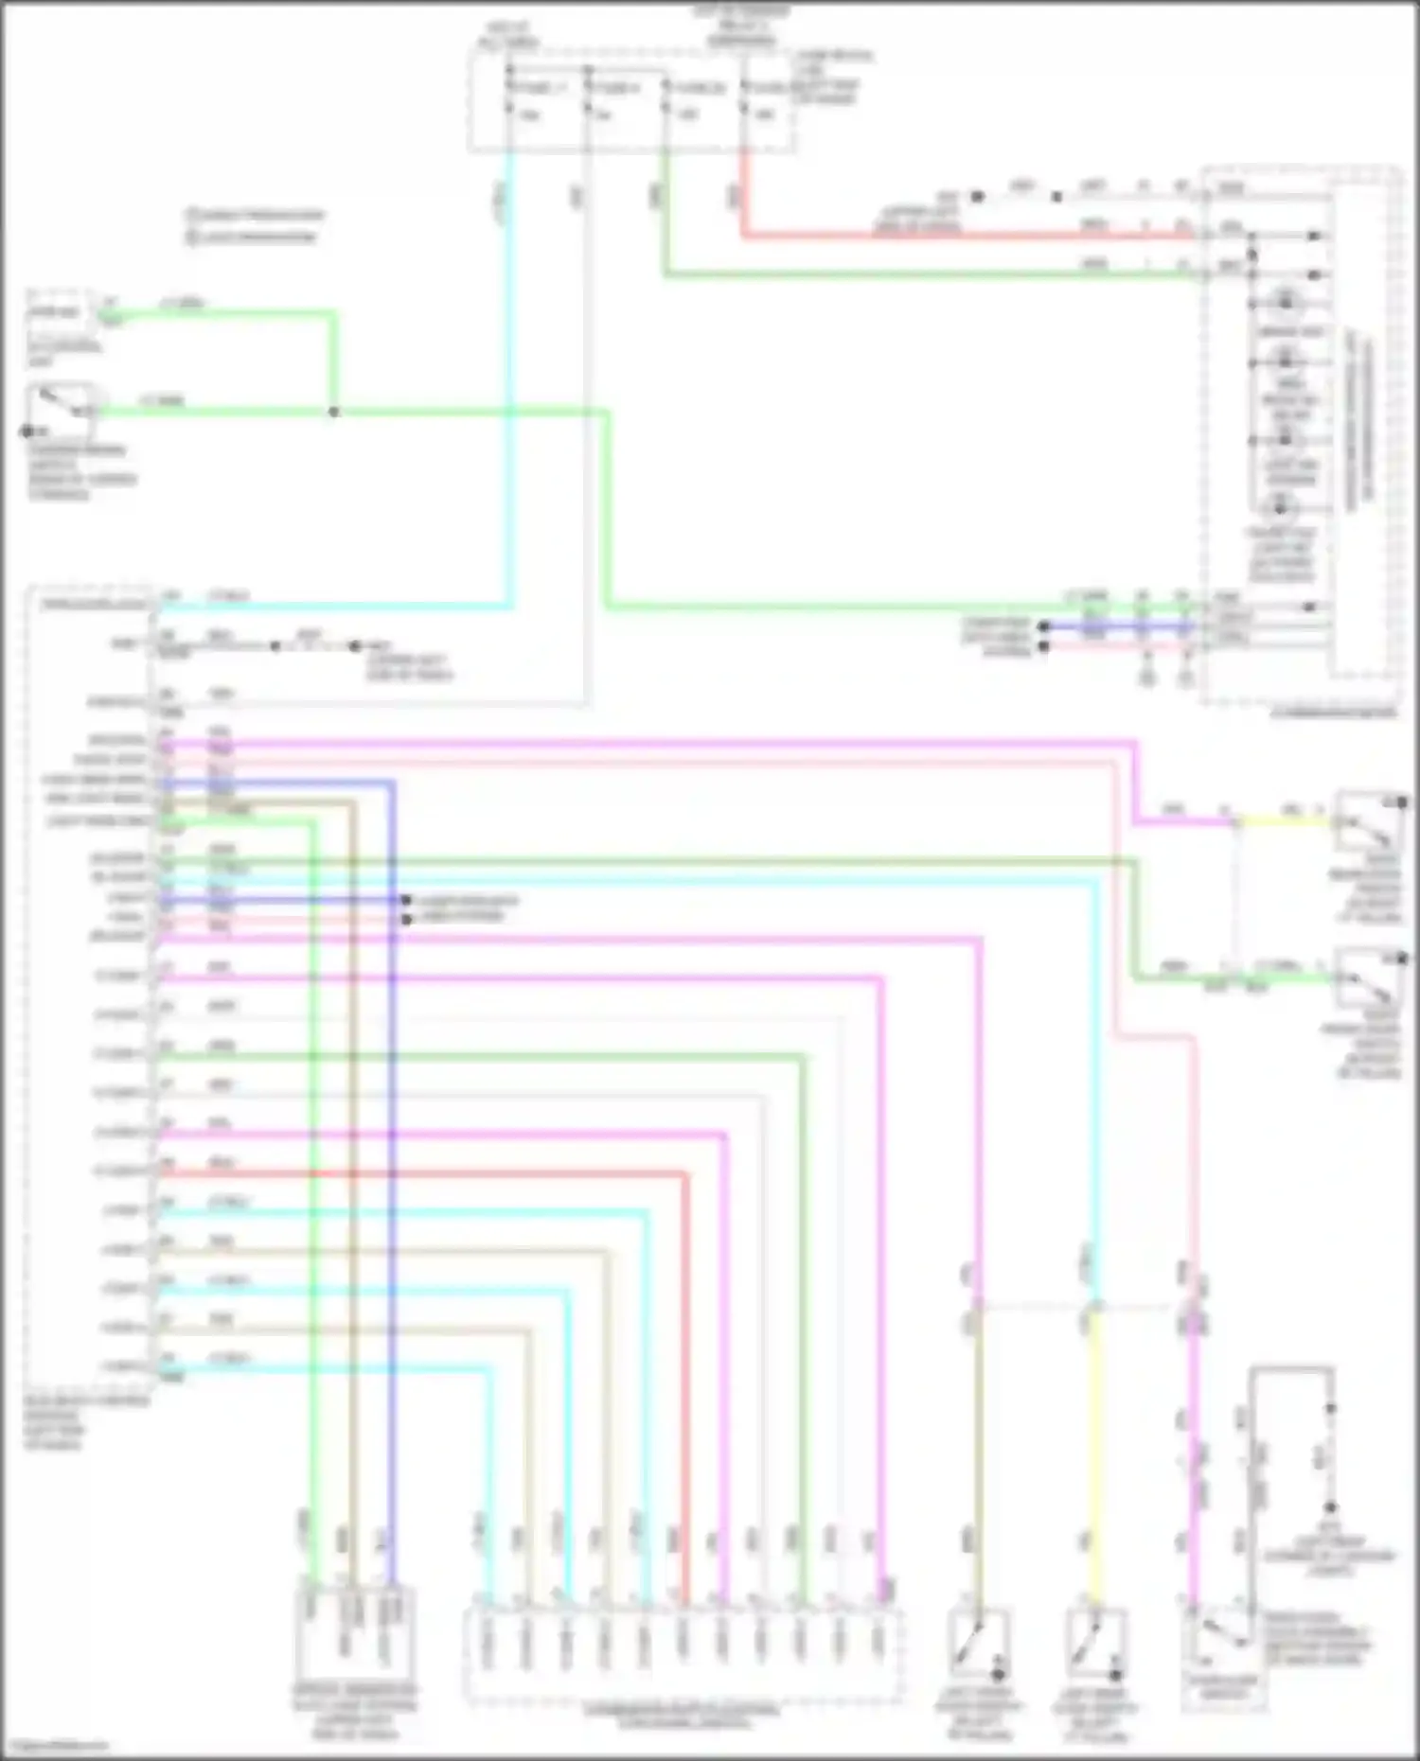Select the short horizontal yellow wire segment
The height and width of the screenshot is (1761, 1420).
point(1283,821)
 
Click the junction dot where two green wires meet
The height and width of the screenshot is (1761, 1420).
point(333,412)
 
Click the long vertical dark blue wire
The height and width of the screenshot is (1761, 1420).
point(391,1183)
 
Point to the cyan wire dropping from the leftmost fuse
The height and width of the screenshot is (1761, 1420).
point(509,379)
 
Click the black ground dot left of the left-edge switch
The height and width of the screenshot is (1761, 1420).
point(27,431)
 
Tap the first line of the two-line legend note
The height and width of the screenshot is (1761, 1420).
point(256,216)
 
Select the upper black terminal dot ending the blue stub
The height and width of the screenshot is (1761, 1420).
point(406,900)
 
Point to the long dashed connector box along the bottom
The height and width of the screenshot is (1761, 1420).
point(682,1656)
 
